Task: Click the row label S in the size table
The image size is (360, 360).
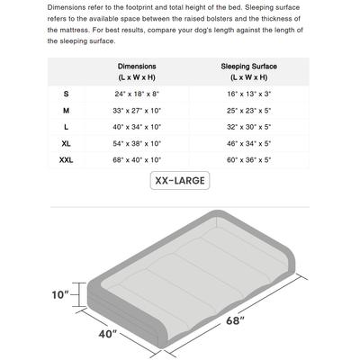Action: point(66,94)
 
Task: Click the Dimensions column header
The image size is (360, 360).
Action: point(137,72)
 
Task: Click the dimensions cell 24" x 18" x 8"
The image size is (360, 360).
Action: point(137,94)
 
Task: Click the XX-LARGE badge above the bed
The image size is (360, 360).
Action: point(179,181)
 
